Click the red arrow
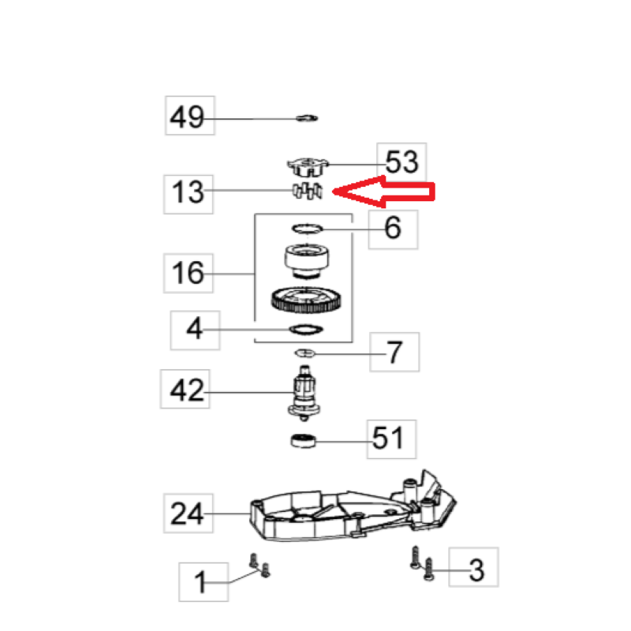pyautogui.click(x=383, y=192)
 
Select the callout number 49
pyautogui.click(x=187, y=117)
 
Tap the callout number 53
pyautogui.click(x=401, y=162)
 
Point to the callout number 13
pyautogui.click(x=188, y=192)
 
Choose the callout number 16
pyautogui.click(x=188, y=273)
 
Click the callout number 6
pyautogui.click(x=393, y=228)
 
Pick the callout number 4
pyautogui.click(x=194, y=328)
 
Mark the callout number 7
pyautogui.click(x=394, y=352)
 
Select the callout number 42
pyautogui.click(x=187, y=390)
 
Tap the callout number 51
pyautogui.click(x=387, y=439)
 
